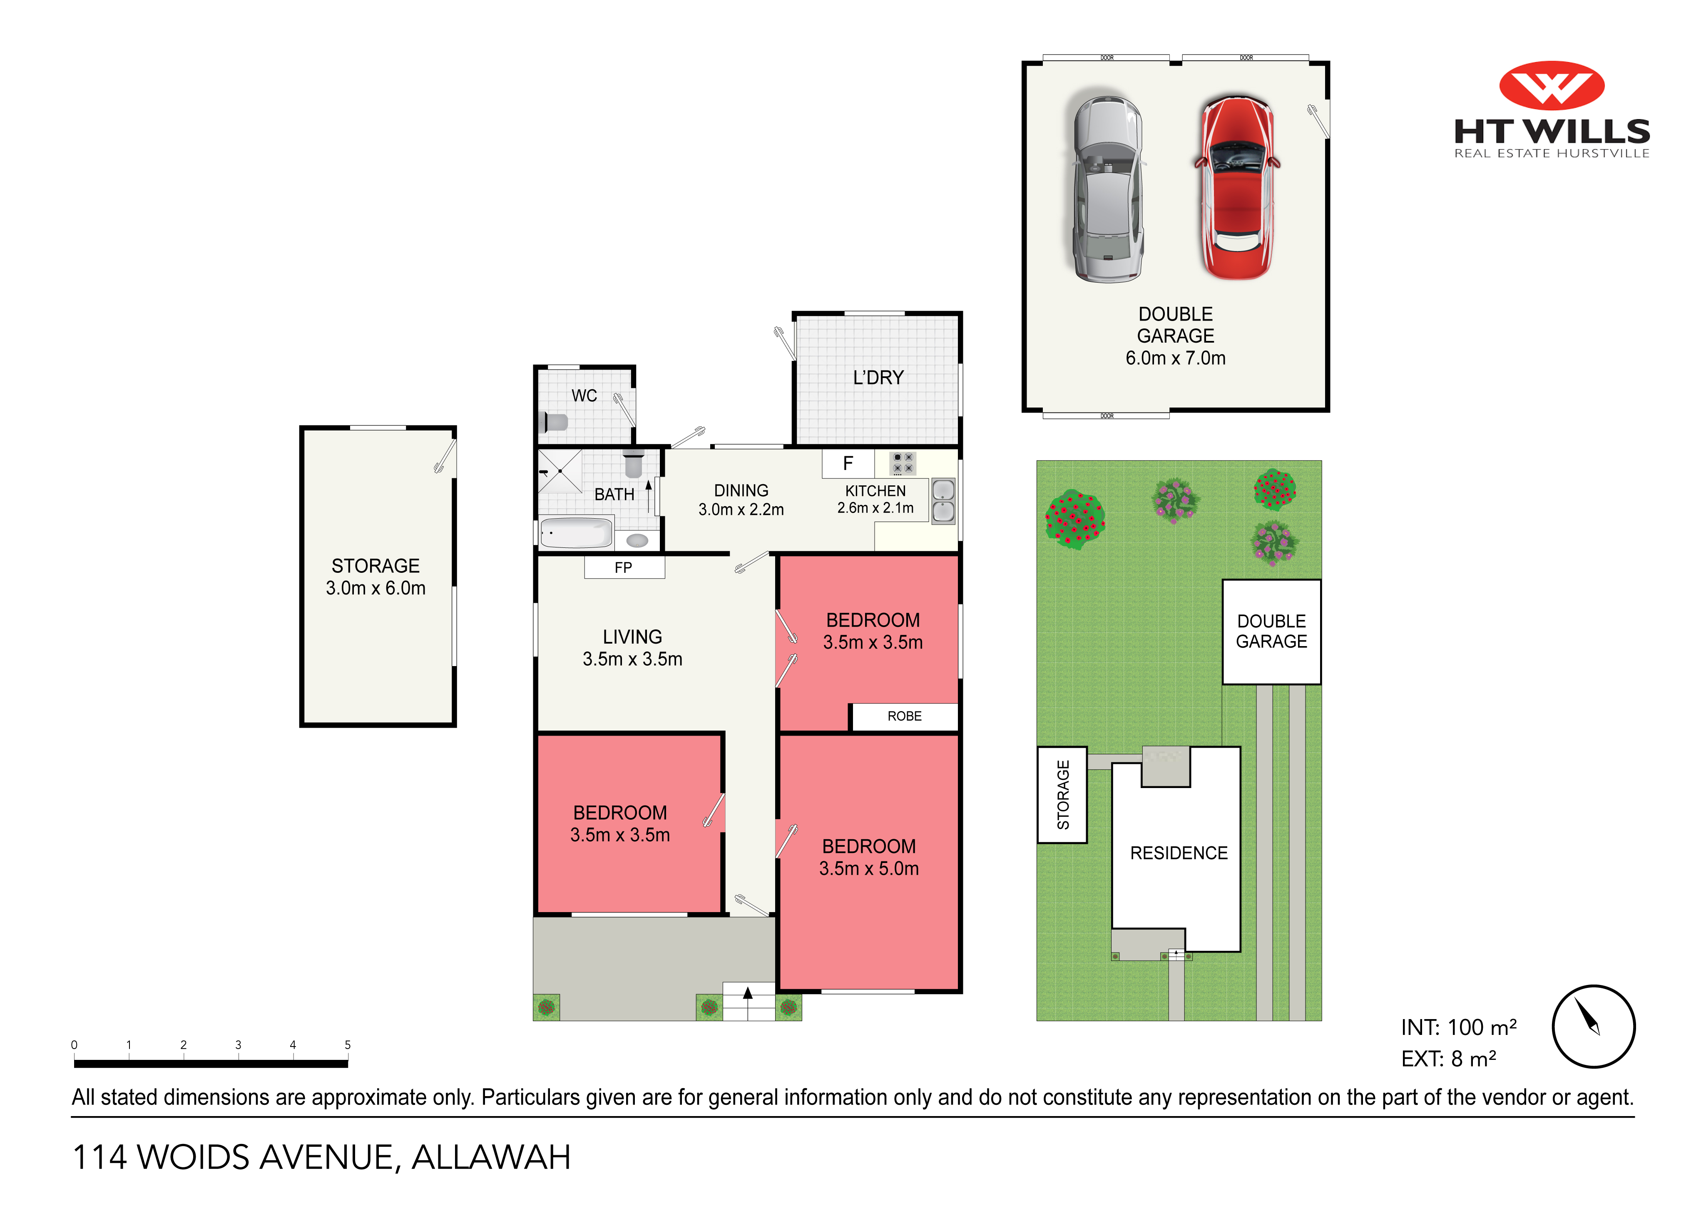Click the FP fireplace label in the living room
click(x=623, y=568)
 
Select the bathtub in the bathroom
click(x=576, y=533)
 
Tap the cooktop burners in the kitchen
click(x=903, y=463)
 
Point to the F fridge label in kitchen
click(x=848, y=464)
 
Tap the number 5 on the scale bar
click(x=348, y=1045)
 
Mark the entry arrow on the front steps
click(x=748, y=993)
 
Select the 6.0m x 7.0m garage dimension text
click(x=1176, y=358)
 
